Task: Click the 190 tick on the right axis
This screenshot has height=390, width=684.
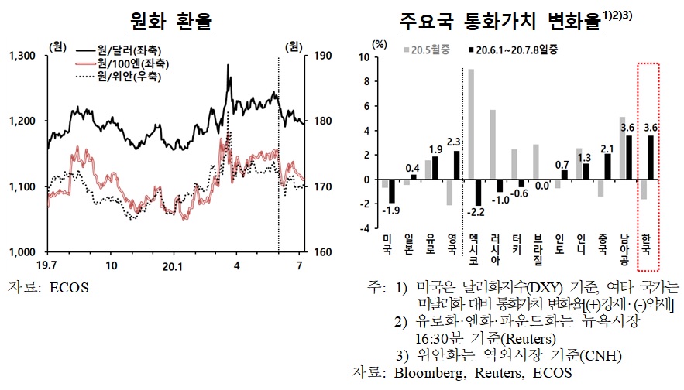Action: point(324,56)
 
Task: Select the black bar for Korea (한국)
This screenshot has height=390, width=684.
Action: point(651,157)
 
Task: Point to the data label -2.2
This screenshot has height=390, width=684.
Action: point(478,211)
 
